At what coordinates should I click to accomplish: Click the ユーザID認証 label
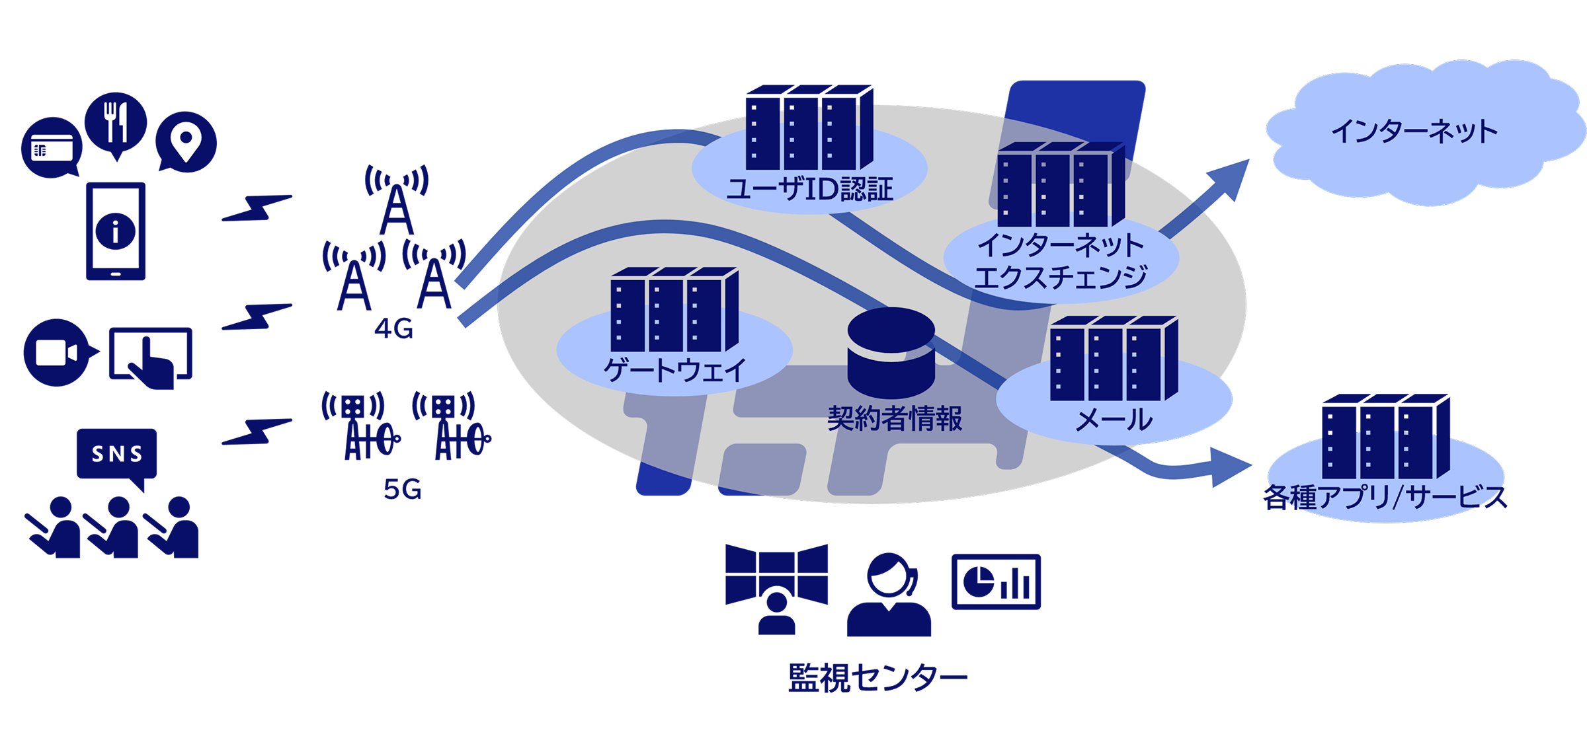[809, 190]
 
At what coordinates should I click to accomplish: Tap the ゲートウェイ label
[674, 369]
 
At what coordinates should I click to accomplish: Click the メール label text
[1114, 420]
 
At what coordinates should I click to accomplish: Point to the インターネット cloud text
[1414, 132]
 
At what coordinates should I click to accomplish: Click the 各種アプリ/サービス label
[1385, 497]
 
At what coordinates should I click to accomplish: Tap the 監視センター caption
[877, 678]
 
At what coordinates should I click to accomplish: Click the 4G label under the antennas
[393, 328]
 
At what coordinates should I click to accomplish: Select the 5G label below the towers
[402, 490]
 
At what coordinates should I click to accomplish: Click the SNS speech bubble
[117, 455]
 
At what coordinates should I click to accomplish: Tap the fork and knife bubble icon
[116, 123]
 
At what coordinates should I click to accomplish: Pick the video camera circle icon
[57, 352]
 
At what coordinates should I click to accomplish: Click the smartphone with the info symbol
[116, 231]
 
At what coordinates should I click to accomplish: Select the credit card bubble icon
[52, 148]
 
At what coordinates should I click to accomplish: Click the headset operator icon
[889, 595]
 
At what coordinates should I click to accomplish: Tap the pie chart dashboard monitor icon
[995, 582]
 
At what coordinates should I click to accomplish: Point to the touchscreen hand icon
[151, 357]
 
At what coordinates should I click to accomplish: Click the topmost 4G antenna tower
[396, 202]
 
